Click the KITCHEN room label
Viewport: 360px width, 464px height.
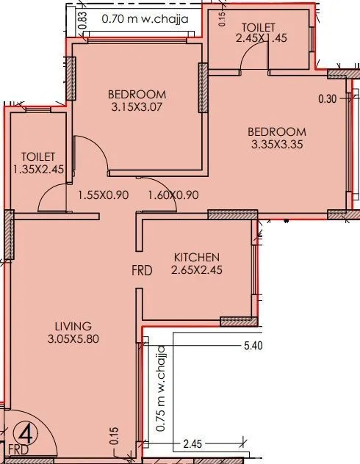(x=196, y=257)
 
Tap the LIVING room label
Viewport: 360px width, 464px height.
(x=72, y=326)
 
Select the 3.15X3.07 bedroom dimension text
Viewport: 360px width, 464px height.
(x=137, y=108)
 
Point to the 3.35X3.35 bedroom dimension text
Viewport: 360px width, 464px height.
(x=277, y=145)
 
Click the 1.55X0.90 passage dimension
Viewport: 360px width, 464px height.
(x=103, y=195)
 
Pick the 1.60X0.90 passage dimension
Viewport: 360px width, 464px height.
(x=173, y=195)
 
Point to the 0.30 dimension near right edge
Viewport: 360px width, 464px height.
(x=328, y=99)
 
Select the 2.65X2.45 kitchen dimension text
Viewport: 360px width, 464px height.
(x=196, y=269)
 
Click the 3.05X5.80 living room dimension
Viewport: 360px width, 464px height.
(x=72, y=339)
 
